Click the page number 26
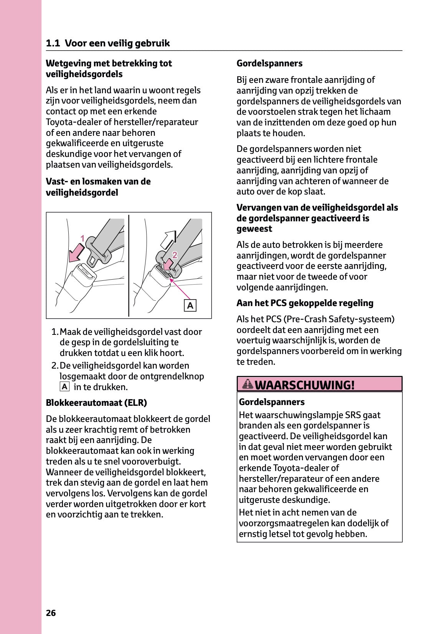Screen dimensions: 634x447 (x=51, y=613)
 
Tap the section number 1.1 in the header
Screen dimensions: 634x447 (x=53, y=43)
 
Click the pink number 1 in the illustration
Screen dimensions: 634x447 (x=82, y=239)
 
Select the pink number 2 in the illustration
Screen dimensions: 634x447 (x=175, y=255)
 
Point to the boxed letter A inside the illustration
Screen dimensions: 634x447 (x=190, y=306)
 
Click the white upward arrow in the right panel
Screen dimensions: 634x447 (x=168, y=240)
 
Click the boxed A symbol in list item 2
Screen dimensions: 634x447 (x=64, y=387)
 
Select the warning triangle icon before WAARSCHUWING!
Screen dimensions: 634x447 (x=248, y=384)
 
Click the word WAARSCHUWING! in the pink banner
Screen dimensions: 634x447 (x=305, y=385)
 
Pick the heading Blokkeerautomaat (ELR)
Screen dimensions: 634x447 (x=96, y=403)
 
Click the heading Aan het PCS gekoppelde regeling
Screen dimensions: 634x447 (x=305, y=303)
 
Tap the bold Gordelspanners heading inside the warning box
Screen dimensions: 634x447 (x=272, y=402)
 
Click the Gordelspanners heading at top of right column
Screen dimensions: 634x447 (x=269, y=63)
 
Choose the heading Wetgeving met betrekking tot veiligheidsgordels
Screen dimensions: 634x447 (x=109, y=69)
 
